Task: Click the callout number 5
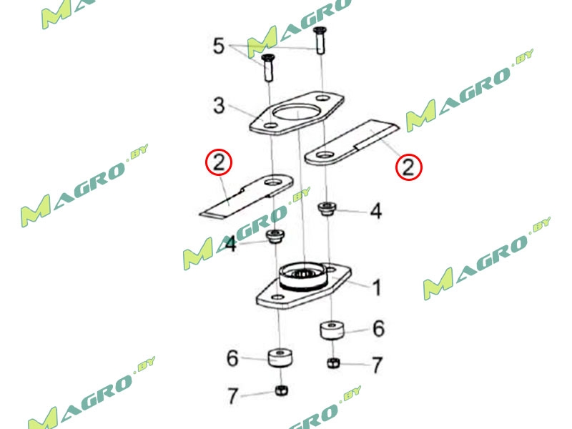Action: (x=220, y=47)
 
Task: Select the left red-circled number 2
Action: (x=219, y=163)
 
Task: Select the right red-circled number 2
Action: (x=409, y=168)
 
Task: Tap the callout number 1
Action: (x=376, y=288)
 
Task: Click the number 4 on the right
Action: (x=375, y=211)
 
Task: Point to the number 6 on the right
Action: (x=378, y=329)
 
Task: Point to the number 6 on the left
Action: (x=232, y=357)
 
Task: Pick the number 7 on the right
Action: (x=377, y=365)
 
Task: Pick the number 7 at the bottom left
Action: (x=232, y=395)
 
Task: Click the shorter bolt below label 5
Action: (x=269, y=68)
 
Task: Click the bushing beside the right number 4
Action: (x=326, y=210)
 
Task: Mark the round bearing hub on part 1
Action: (x=303, y=276)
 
